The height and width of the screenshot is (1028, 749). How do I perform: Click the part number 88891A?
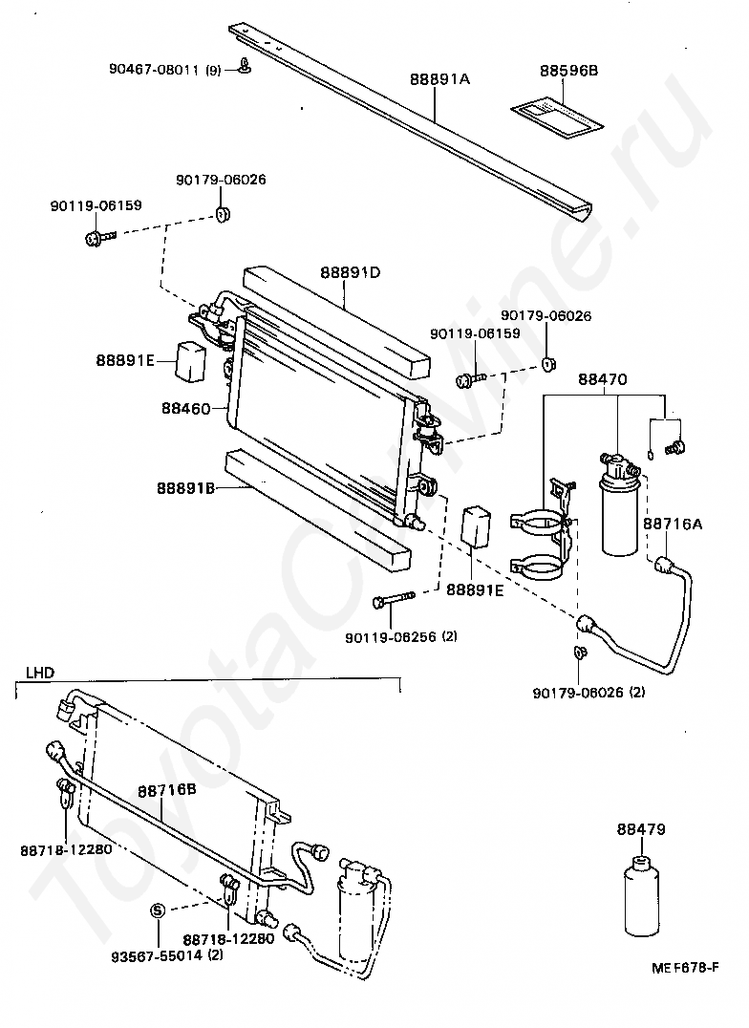[439, 80]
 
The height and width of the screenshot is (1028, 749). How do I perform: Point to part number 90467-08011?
[153, 68]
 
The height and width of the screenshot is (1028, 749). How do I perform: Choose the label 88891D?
[350, 271]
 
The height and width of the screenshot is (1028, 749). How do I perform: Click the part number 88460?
[186, 408]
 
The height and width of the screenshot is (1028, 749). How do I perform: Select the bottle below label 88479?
[640, 898]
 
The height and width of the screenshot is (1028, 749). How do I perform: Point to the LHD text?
[39, 672]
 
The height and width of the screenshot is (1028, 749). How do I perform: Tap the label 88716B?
[166, 790]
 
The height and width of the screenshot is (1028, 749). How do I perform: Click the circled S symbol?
[159, 910]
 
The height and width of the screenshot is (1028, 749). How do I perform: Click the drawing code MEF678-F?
[684, 968]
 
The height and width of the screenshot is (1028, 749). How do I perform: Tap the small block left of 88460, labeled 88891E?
[193, 358]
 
